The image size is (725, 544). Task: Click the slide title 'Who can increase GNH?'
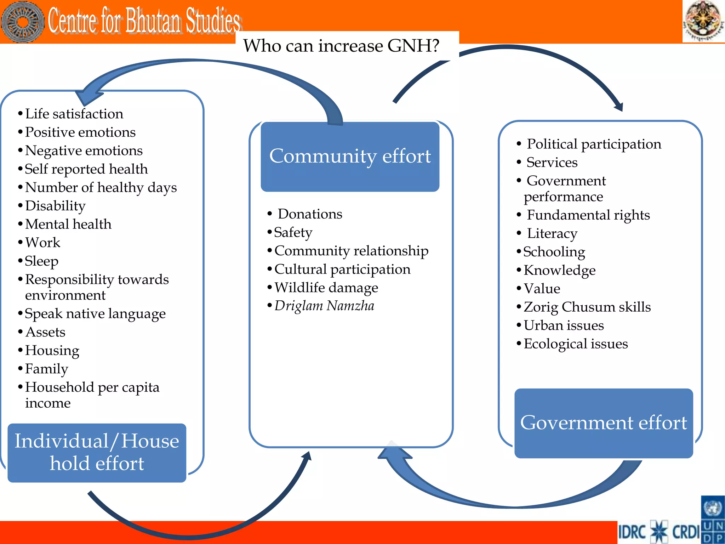[x=341, y=46]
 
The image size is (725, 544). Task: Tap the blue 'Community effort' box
[x=350, y=157]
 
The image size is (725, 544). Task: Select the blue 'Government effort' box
[x=603, y=423]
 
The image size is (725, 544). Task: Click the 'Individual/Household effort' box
[x=97, y=452]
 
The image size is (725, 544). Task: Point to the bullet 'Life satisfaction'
[x=74, y=114]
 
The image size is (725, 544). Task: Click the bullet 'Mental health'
[x=68, y=225]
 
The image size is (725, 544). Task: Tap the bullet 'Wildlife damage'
[x=326, y=288]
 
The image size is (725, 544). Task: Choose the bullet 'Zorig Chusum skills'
[x=587, y=307]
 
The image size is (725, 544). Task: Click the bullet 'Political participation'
[x=594, y=144]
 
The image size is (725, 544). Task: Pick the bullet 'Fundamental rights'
[x=588, y=215]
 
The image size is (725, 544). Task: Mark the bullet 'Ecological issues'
[x=575, y=344]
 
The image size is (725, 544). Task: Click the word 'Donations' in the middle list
[x=310, y=214]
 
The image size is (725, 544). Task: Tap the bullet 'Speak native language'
[x=95, y=314]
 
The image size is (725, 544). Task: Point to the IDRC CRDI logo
[x=659, y=531]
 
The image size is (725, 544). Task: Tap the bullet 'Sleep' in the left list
[x=41, y=261]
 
